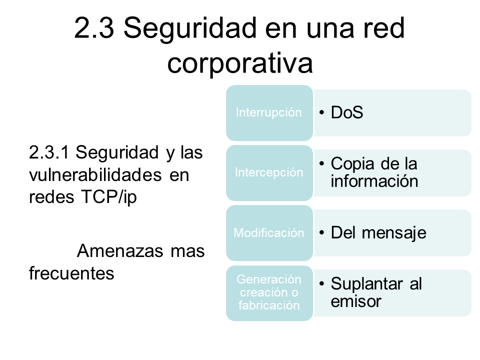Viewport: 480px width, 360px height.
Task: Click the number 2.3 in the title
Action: (x=94, y=28)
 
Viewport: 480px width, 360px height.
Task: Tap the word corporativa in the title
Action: (x=240, y=63)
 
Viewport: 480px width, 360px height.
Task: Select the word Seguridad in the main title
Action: (x=190, y=28)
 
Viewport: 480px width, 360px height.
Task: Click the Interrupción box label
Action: (x=269, y=112)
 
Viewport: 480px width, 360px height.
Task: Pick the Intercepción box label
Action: (x=269, y=172)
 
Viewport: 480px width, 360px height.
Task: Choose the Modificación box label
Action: (x=269, y=232)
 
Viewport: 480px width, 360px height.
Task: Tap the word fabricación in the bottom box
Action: (x=269, y=305)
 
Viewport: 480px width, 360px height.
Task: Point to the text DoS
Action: (x=347, y=112)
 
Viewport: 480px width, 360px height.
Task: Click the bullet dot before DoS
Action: (x=321, y=112)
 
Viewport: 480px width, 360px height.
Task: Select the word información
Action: (x=374, y=181)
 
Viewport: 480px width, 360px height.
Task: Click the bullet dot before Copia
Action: (x=321, y=164)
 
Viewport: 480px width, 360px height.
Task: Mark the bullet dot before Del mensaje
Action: (x=321, y=232)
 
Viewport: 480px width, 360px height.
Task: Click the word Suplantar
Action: (x=366, y=284)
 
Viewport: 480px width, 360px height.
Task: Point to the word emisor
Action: (x=355, y=301)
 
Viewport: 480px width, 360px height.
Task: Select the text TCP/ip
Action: (x=108, y=197)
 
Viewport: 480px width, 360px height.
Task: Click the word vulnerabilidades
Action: (x=95, y=175)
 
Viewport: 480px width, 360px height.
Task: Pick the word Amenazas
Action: (x=120, y=251)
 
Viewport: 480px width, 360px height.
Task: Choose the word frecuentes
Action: (x=71, y=273)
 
